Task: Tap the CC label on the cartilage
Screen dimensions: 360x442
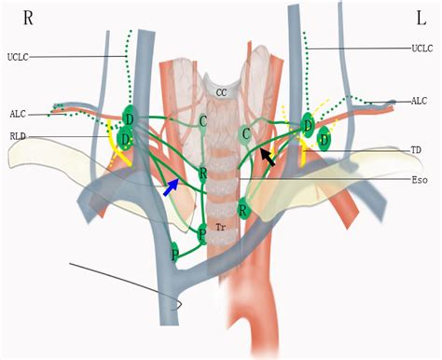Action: coord(221,92)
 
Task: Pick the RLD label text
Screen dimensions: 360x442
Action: coord(19,134)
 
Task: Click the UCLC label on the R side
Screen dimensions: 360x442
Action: coord(19,55)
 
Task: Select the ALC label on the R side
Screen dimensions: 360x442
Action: coord(18,114)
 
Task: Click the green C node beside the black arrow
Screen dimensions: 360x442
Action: coord(245,134)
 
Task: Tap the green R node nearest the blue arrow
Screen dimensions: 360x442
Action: coord(203,173)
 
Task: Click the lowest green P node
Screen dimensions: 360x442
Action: coord(174,252)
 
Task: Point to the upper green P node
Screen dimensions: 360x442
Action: coord(202,232)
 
